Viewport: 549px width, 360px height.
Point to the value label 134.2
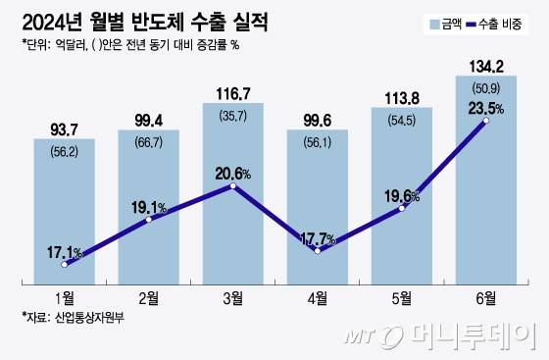(x=484, y=67)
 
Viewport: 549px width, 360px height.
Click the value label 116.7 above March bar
(x=232, y=93)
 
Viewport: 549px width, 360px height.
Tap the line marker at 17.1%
(x=65, y=264)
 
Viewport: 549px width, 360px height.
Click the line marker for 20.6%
(x=233, y=184)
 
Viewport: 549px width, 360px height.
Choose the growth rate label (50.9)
(x=484, y=87)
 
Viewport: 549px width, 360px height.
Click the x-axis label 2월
(x=148, y=295)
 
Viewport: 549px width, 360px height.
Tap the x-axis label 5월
(x=401, y=295)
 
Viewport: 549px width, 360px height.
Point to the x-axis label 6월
(x=485, y=295)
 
